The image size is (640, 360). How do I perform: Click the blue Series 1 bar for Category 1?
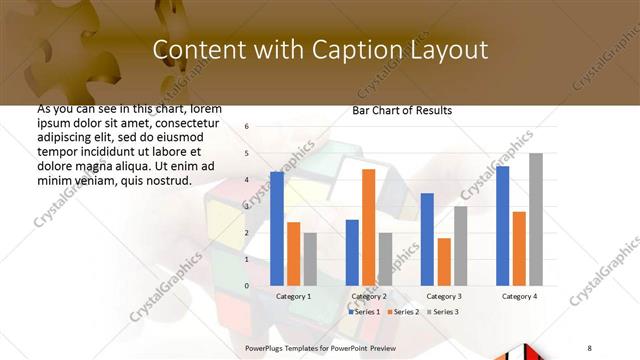tap(277, 229)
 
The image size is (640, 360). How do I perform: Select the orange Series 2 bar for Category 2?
tap(368, 227)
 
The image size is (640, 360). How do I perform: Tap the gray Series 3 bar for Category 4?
tap(536, 220)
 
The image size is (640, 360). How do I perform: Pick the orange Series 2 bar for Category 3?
tap(444, 262)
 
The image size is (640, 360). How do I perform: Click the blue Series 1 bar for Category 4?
tap(503, 226)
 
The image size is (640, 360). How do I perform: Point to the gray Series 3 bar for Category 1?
tap(310, 259)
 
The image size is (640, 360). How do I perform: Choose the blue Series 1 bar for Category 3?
tap(427, 240)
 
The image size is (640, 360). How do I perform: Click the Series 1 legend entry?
tap(364, 312)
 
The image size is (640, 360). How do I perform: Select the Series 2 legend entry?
tap(402, 312)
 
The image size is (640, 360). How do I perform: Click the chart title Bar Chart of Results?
tap(402, 110)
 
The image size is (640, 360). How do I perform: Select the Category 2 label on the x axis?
tap(369, 297)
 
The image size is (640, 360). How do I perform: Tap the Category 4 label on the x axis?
tap(518, 297)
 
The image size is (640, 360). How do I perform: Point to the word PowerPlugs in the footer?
tap(267, 346)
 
